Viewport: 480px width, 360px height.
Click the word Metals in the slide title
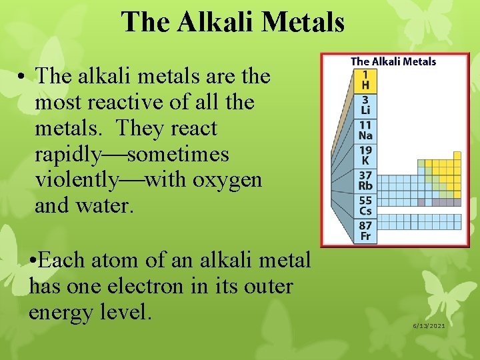(303, 21)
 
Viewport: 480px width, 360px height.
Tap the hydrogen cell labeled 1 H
(365, 81)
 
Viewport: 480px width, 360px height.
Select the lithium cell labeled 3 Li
(365, 105)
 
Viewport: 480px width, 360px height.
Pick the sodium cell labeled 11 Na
(365, 130)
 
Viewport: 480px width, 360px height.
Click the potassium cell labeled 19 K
(365, 155)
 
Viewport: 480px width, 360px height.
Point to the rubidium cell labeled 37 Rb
(365, 181)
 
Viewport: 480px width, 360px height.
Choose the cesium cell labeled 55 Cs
(365, 205)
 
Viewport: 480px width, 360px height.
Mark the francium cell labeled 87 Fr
(365, 231)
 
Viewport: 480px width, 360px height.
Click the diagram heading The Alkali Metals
(393, 61)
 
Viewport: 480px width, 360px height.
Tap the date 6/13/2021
(429, 325)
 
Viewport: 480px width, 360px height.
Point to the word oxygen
(229, 180)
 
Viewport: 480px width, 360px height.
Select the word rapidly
(66, 154)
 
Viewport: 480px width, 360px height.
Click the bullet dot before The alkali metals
(22, 77)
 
